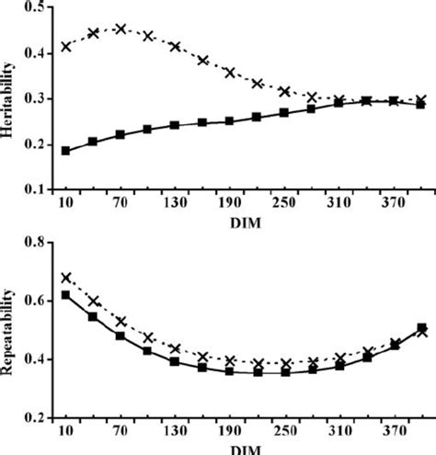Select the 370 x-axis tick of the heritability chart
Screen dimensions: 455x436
(394, 201)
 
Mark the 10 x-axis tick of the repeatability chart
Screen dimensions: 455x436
(65, 431)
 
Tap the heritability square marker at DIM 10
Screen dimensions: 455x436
(65, 150)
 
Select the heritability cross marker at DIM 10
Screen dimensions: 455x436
(65, 46)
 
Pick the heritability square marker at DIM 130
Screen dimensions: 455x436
(175, 125)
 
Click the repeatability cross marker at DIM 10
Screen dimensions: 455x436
(65, 278)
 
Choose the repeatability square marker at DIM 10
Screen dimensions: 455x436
(65, 295)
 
